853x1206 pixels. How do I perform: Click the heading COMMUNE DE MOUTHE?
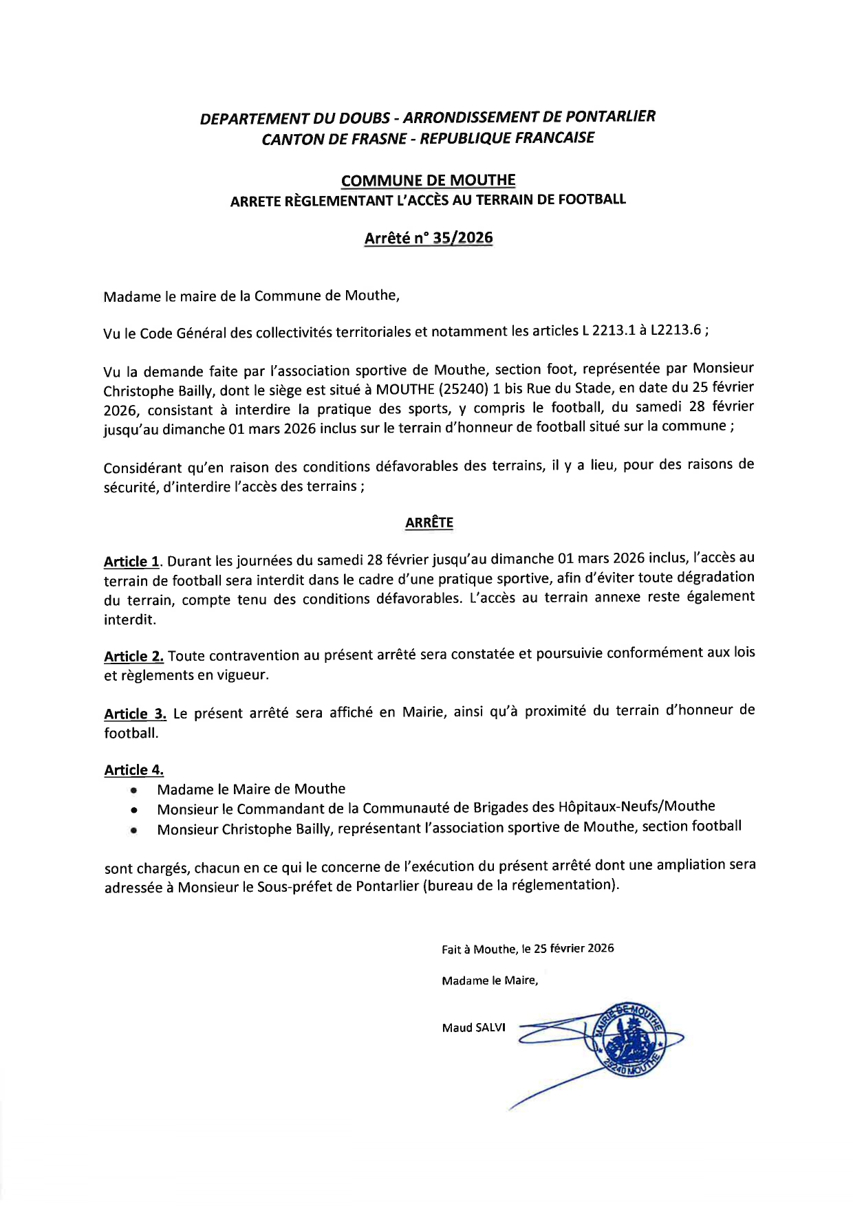[x=428, y=181]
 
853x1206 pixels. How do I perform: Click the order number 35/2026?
[x=464, y=238]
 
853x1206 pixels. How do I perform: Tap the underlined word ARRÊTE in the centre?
[x=429, y=523]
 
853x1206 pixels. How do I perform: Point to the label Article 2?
[x=133, y=657]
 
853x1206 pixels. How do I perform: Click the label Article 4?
[x=133, y=770]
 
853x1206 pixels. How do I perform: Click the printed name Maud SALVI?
[x=473, y=1028]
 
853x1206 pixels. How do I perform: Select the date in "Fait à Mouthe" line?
[x=574, y=949]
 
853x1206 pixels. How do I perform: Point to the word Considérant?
[x=142, y=468]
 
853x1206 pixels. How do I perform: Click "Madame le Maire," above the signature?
[x=490, y=980]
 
